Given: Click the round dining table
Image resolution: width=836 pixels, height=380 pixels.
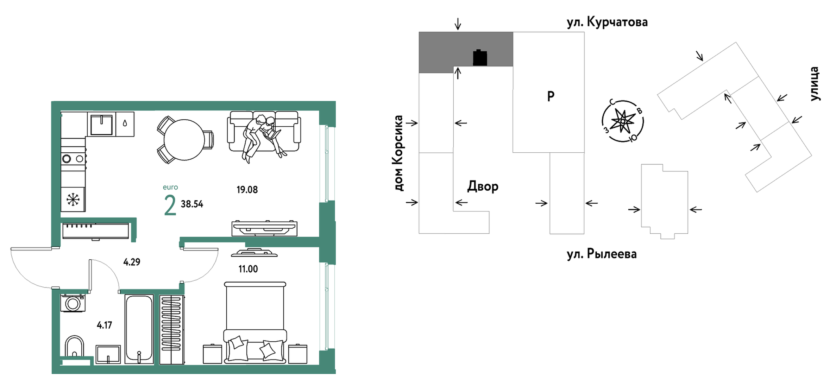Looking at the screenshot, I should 184,140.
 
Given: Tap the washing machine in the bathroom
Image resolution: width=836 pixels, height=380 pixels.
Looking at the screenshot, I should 73,303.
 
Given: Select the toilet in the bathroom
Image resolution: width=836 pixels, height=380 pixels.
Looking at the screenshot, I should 74,347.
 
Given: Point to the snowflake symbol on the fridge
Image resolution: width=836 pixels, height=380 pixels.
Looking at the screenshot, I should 73,199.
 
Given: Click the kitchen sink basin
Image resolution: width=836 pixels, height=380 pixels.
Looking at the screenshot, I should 101,125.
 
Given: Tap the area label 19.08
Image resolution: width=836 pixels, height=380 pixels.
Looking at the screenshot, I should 247,190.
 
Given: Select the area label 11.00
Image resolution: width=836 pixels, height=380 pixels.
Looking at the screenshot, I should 248,269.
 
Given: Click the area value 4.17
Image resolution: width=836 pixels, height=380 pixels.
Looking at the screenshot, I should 105,325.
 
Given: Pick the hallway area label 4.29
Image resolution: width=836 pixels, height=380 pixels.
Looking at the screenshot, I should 132,262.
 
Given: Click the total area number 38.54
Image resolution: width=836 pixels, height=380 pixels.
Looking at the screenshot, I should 192,204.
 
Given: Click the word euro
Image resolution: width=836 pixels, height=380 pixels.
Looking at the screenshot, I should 170,187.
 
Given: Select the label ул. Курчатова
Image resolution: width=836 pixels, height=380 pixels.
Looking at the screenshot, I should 607,22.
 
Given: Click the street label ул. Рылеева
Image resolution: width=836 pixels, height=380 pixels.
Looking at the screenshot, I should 602,254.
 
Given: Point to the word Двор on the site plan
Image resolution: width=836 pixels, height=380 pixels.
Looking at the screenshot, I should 483,186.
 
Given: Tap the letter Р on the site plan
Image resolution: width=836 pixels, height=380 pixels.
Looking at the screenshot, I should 551,96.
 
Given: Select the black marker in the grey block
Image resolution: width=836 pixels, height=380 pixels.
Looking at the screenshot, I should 480,58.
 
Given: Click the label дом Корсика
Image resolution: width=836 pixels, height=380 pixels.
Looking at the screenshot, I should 398,153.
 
